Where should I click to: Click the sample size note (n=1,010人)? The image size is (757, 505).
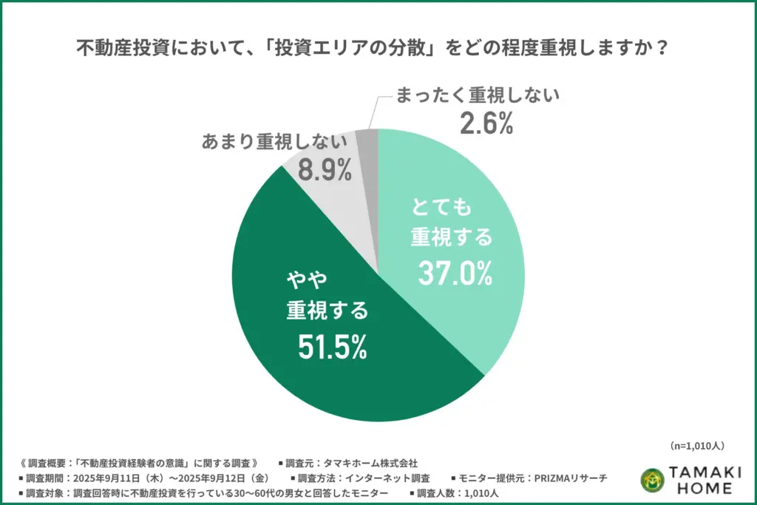tap(697, 446)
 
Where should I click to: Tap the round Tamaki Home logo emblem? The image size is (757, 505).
tap(653, 481)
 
